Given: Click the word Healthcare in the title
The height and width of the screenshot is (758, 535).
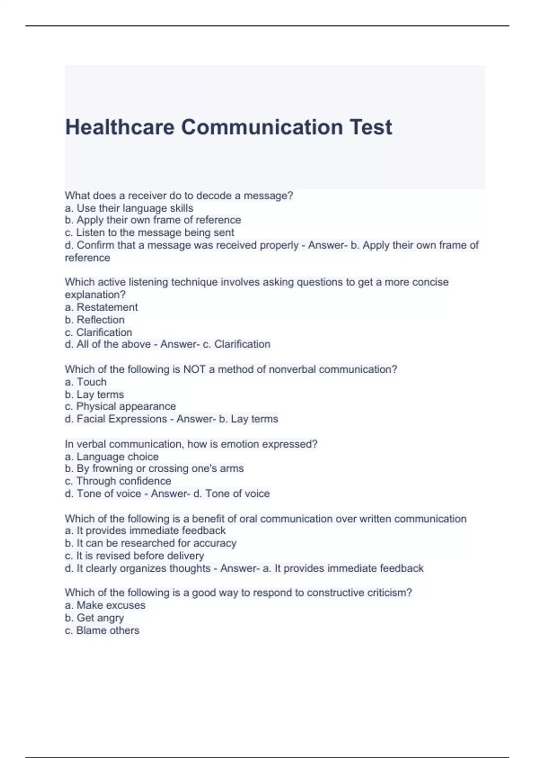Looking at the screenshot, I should tap(119, 127).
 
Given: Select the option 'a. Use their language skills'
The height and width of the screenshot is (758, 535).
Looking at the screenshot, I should tap(129, 208).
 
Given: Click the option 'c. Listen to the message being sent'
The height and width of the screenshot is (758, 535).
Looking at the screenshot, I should tap(149, 232).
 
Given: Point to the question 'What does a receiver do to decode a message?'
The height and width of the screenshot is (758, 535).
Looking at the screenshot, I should tap(179, 196).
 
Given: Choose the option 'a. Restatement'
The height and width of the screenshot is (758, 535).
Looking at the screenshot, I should tap(101, 307).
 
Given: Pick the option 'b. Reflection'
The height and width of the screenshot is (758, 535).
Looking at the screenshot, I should tap(95, 320).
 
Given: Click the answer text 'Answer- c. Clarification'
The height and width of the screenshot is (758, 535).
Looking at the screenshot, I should tap(215, 344).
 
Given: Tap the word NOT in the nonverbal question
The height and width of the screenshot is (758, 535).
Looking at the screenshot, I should tap(193, 369).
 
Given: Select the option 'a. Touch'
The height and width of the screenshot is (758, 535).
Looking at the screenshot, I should tap(86, 382).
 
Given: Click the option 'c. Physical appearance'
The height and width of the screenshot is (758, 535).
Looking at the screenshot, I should tap(120, 406).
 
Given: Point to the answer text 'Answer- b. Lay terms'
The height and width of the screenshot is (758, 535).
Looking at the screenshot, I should tap(227, 419).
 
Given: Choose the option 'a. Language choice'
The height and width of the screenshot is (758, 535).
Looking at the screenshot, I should tap(111, 457).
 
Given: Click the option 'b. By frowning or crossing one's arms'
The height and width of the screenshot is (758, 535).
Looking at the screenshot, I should tap(154, 468).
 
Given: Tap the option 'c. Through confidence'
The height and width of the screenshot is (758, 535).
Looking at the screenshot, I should tap(118, 481).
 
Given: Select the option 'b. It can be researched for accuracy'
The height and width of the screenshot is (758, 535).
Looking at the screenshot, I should tap(150, 543).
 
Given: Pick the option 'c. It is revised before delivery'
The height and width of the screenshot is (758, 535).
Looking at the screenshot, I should tap(134, 556).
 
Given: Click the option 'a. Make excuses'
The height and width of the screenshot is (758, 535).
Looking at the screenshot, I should tap(105, 605).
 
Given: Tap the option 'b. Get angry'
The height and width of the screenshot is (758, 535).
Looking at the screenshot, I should tap(94, 618).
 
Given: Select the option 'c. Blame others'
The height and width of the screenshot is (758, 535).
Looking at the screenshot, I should tap(102, 630).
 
